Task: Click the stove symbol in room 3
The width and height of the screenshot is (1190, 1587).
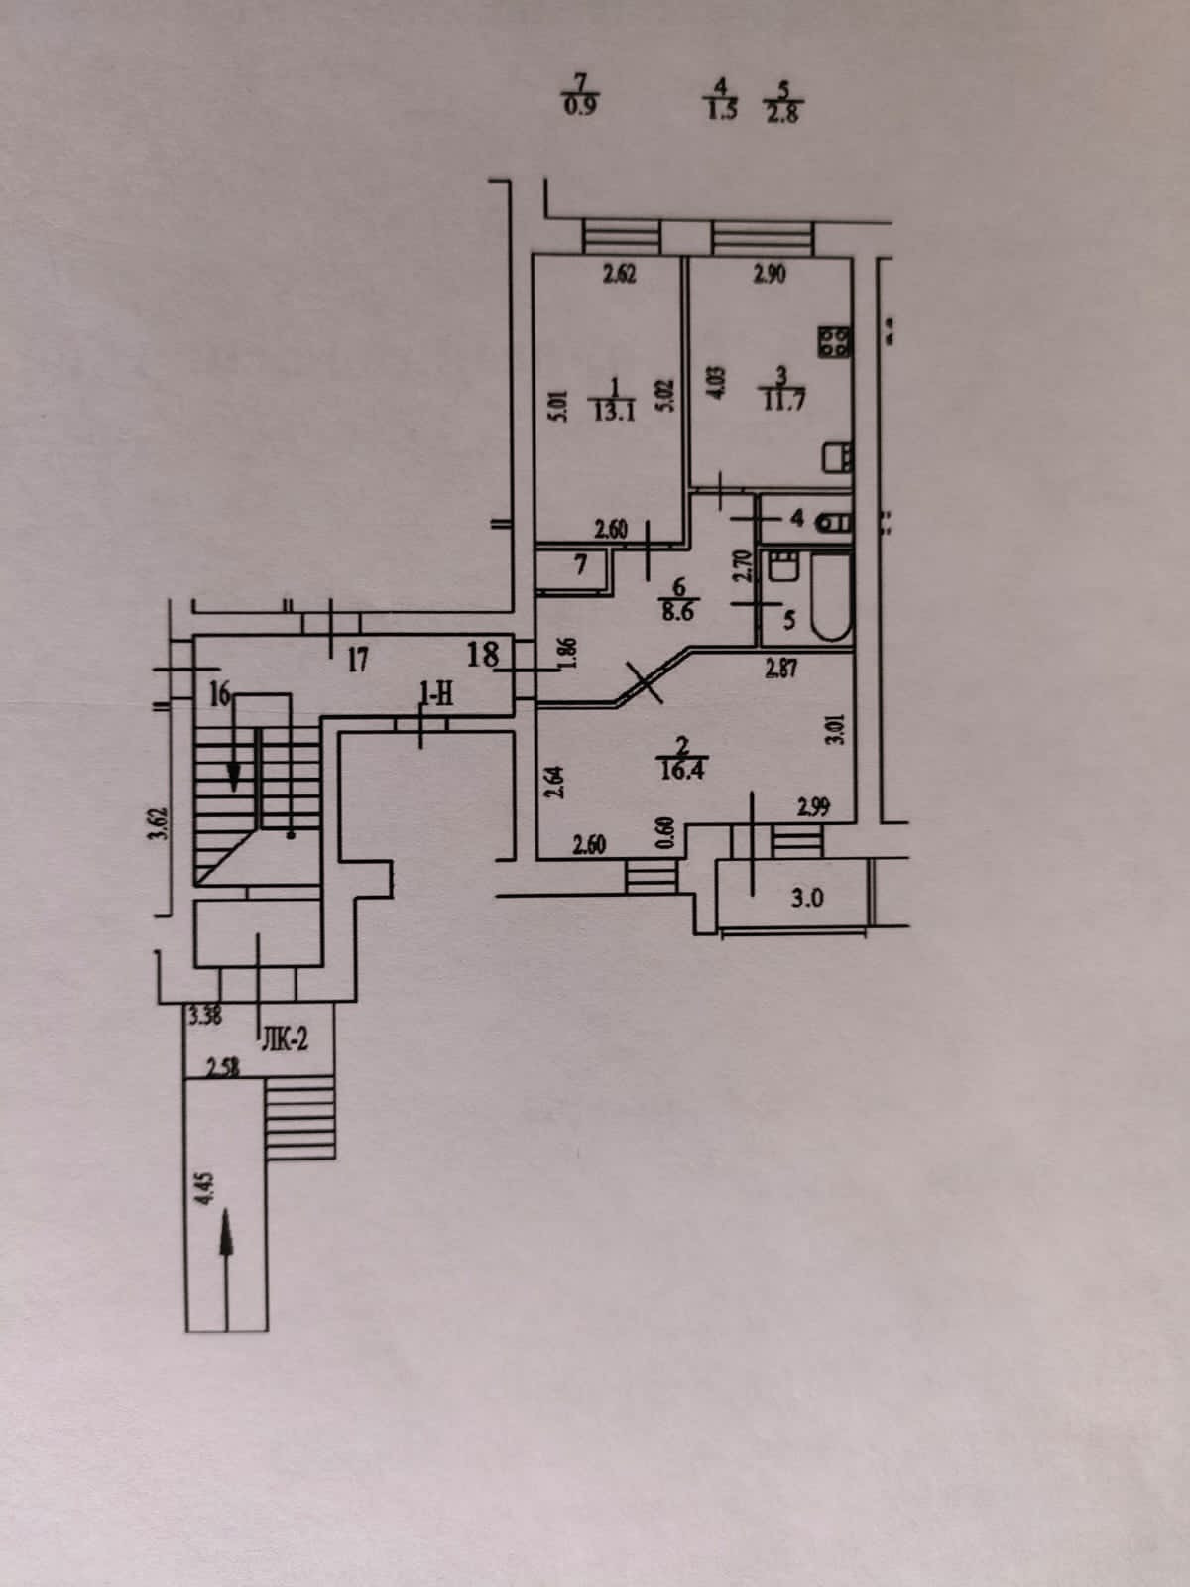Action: pyautogui.click(x=834, y=342)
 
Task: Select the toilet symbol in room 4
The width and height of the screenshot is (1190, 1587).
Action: pyautogui.click(x=835, y=520)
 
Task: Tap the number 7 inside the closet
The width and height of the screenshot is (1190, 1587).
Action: pyautogui.click(x=582, y=563)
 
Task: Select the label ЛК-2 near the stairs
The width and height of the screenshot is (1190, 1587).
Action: pyautogui.click(x=286, y=1040)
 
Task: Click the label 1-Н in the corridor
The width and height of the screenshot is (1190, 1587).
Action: pyautogui.click(x=436, y=695)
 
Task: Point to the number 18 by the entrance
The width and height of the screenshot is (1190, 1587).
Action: pyautogui.click(x=483, y=654)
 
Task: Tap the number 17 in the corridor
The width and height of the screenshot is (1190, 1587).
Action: pyautogui.click(x=358, y=659)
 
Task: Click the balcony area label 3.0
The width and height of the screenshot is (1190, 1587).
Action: pyautogui.click(x=808, y=900)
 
